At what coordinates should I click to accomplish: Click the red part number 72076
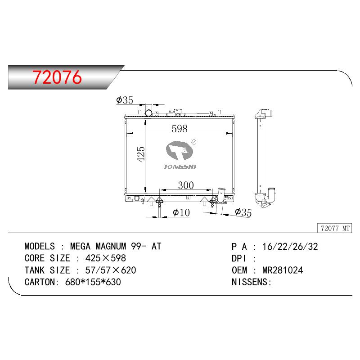57,77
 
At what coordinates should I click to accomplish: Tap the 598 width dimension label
180,129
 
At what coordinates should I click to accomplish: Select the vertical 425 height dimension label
140,154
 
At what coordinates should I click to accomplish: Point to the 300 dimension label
186,185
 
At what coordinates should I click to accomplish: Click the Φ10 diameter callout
181,212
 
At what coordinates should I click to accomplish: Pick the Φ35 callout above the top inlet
125,100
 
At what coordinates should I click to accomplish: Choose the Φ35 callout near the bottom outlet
243,212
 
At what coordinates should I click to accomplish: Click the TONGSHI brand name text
180,166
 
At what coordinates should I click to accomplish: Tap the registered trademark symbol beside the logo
194,142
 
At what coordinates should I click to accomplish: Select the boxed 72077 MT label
335,228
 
